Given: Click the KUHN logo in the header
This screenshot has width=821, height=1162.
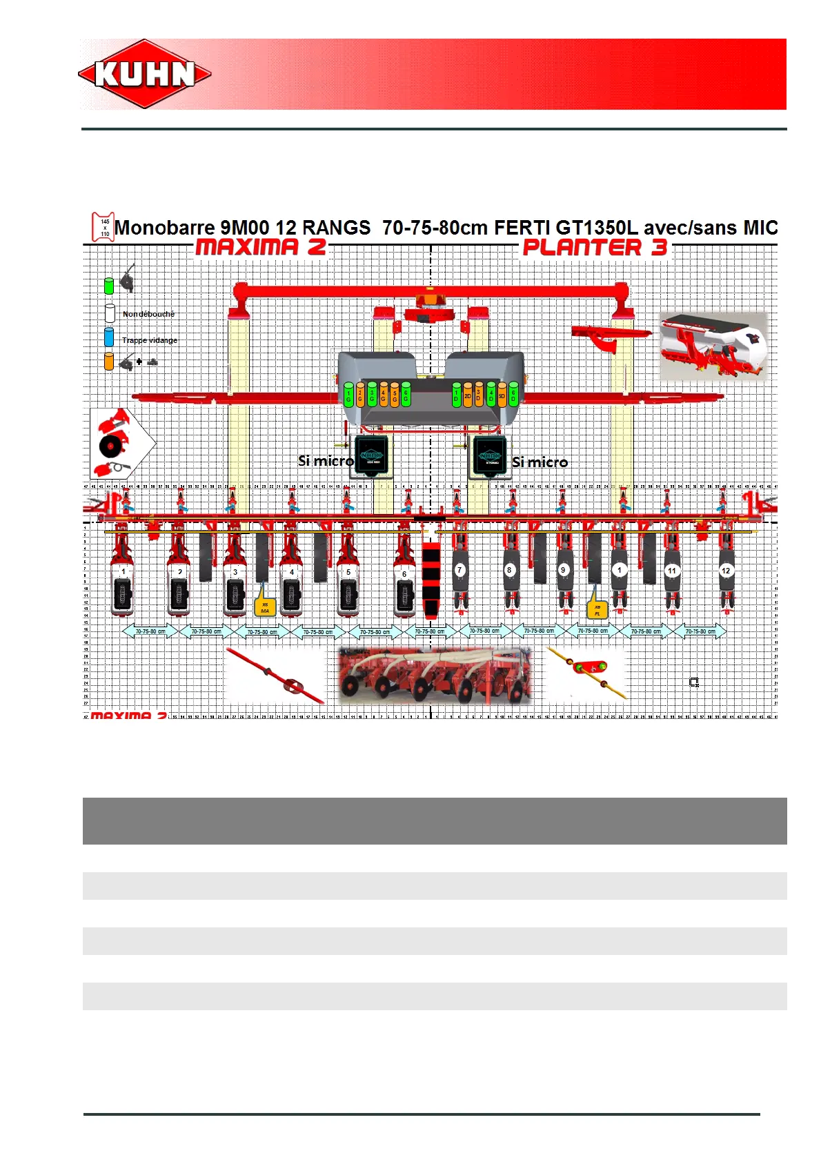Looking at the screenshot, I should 145,74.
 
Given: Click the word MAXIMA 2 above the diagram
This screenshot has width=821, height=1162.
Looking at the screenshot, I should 261,247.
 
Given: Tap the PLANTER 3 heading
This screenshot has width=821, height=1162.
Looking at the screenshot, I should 595,248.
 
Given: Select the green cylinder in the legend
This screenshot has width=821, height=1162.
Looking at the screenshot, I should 109,286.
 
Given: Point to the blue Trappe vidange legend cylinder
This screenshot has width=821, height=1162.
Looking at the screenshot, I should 109,337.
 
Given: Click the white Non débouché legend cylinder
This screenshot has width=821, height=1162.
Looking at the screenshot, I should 110,313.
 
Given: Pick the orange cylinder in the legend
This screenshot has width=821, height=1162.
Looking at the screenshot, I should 109,362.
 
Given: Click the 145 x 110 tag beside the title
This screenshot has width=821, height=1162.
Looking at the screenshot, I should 104,227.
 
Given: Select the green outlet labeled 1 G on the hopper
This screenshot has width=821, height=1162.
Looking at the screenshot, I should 348,395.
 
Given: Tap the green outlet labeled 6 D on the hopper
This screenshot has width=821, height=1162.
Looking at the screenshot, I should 513,395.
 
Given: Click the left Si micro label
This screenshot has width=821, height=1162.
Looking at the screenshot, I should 326,461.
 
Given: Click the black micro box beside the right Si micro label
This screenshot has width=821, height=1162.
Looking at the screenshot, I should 490,456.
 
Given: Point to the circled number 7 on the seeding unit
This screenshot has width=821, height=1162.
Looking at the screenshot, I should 460,570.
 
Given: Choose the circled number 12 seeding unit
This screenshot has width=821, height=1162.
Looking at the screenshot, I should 726,571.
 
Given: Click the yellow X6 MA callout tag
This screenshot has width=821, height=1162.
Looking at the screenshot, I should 265,607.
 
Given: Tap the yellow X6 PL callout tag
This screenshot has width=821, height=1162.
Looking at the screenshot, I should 597,610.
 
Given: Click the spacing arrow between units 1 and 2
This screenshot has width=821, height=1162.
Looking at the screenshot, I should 150,631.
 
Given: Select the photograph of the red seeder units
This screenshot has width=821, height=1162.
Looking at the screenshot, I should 435,675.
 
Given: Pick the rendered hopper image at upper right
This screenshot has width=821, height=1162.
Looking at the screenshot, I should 713,346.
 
